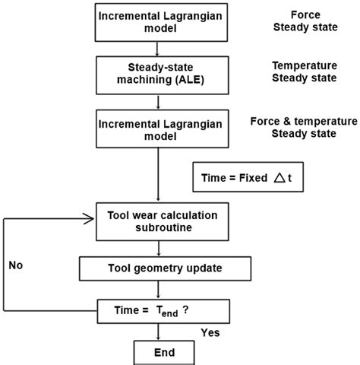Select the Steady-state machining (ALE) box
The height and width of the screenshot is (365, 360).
(x=157, y=74)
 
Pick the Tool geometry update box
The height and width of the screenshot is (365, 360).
(x=157, y=268)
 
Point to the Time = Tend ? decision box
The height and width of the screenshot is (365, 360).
(x=157, y=310)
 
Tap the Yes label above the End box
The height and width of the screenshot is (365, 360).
(x=210, y=333)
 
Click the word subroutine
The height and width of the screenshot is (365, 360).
(x=157, y=227)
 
